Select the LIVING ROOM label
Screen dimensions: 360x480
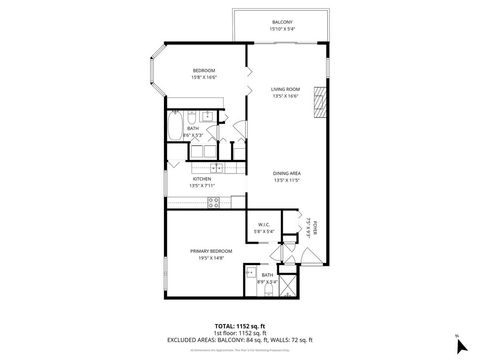[x=287, y=89]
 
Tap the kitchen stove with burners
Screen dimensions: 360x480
[x=213, y=203]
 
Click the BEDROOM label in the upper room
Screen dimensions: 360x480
[x=205, y=70]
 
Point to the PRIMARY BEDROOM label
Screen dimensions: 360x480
[x=211, y=250]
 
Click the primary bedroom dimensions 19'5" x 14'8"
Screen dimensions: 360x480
[x=211, y=257]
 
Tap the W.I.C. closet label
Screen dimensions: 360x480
[x=265, y=225]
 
